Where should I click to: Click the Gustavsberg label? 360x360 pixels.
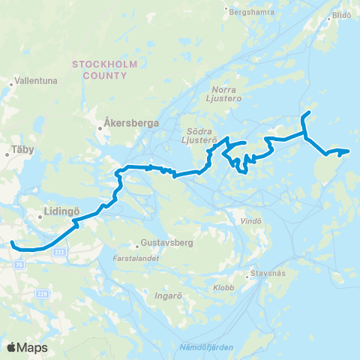click(x=162, y=244)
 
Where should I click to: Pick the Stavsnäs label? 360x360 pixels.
click(x=271, y=274)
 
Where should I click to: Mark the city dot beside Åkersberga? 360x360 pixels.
click(x=99, y=127)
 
